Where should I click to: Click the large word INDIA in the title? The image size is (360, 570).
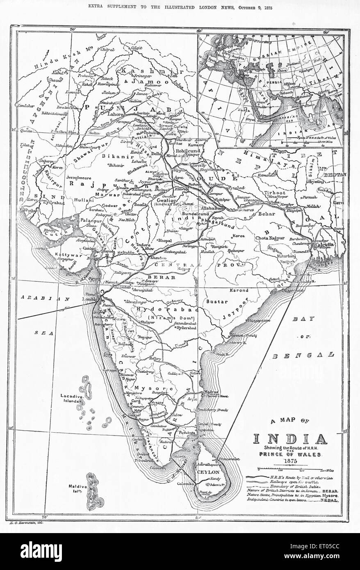pos(294,439)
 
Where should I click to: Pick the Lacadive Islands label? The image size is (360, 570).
pos(69,398)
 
